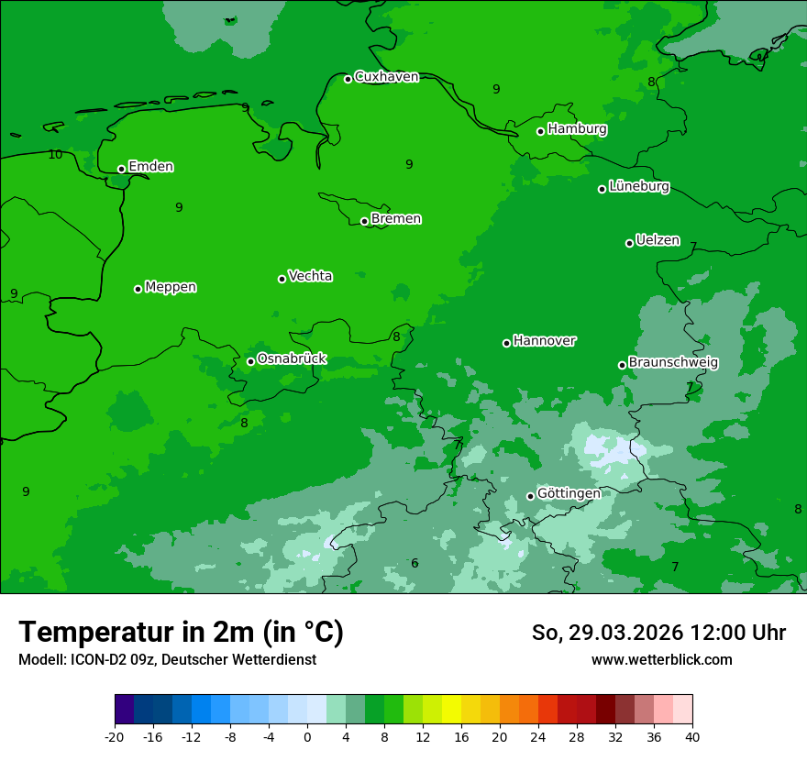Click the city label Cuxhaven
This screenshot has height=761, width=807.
click(386, 77)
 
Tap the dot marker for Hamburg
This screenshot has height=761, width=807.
click(541, 131)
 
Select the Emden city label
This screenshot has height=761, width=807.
click(150, 167)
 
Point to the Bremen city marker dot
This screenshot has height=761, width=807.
click(364, 221)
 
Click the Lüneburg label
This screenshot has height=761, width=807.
click(638, 187)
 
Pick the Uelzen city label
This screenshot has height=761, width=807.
click(658, 241)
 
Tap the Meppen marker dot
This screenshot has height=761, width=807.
click(138, 289)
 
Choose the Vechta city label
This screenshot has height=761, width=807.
click(310, 276)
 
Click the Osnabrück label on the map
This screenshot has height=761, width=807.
click(292, 359)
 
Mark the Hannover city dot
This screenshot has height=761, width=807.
click(506, 343)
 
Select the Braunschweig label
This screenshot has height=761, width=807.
click(673, 363)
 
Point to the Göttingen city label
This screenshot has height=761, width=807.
click(569, 494)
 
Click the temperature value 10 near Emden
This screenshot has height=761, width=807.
click(55, 154)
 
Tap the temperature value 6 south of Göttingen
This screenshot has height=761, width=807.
click(415, 563)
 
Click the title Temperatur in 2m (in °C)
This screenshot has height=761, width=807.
click(181, 633)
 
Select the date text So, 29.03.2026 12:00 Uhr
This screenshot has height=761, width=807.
click(658, 633)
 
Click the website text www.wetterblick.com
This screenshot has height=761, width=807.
click(661, 660)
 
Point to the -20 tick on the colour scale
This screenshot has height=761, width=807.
click(115, 737)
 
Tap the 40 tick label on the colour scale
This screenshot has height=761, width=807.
click(692, 737)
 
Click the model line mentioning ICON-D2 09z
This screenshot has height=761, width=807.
click(167, 660)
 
